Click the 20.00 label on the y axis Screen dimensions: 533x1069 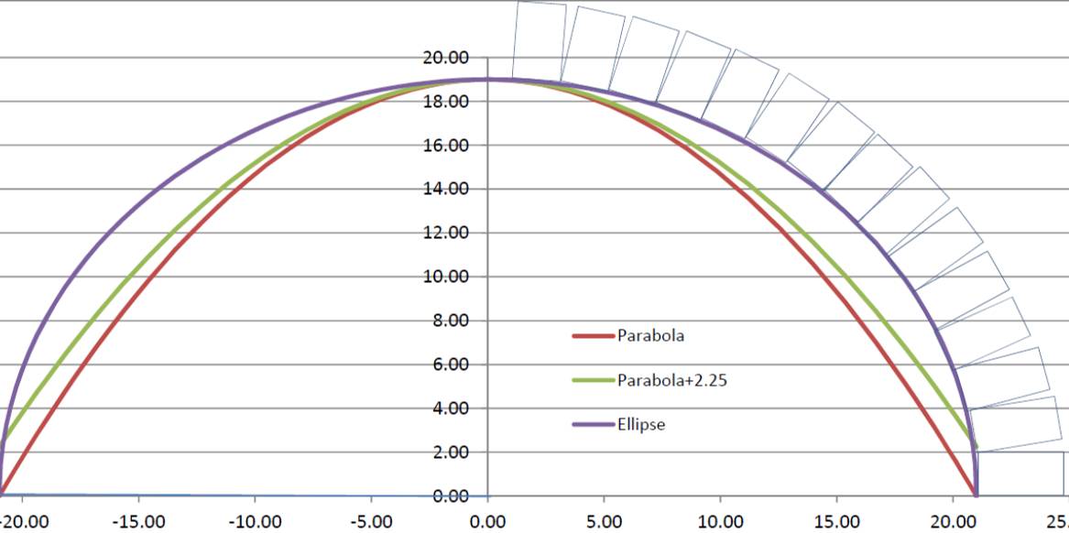coord(446,58)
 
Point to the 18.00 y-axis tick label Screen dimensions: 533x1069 coord(446,102)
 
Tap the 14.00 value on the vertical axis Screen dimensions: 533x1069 coord(446,190)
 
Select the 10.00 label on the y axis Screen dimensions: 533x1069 coord(446,277)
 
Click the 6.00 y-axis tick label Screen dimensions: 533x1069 coord(450,364)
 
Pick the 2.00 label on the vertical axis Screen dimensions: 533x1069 coord(450,452)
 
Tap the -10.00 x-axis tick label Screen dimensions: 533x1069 coord(254,523)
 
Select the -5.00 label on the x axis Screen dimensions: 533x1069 coord(371,523)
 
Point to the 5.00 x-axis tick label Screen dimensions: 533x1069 coord(604,523)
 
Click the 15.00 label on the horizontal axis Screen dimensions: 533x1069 coord(836,523)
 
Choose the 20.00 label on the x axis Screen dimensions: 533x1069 coord(953,523)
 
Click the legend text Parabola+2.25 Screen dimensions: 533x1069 coord(672,380)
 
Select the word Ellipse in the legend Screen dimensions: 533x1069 coord(641,425)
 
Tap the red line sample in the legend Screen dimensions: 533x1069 coord(592,336)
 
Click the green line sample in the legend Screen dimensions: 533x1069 coord(592,380)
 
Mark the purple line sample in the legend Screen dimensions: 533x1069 coord(592,425)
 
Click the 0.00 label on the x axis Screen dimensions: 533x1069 coord(487,523)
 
